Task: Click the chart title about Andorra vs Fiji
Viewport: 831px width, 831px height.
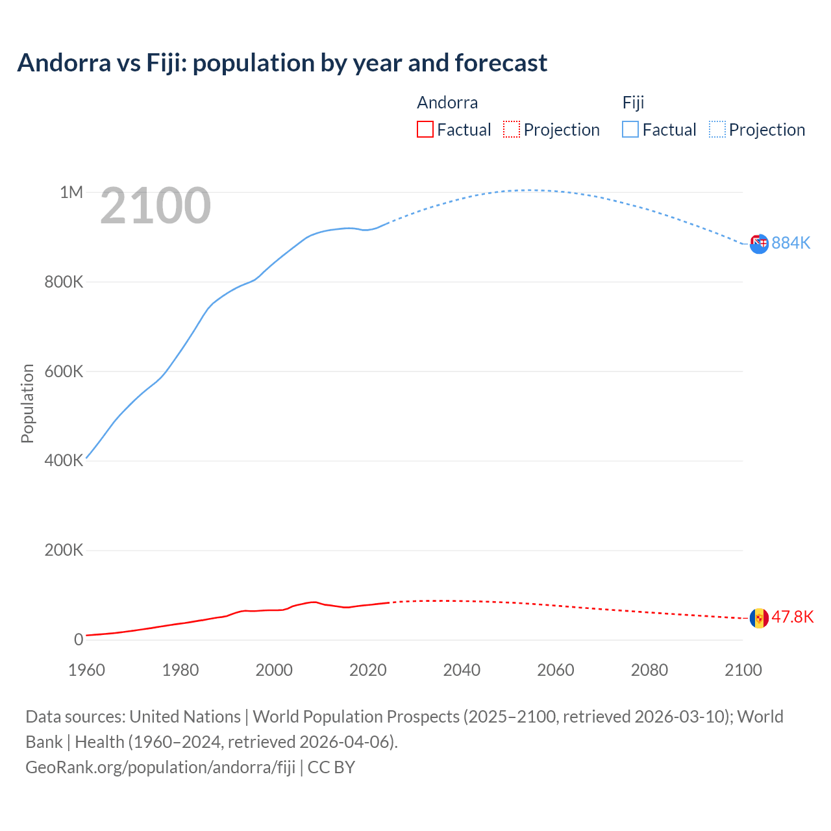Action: pyautogui.click(x=282, y=63)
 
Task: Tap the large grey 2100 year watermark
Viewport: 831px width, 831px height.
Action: pyautogui.click(x=155, y=206)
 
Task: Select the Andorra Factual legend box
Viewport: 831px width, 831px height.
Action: pyautogui.click(x=425, y=130)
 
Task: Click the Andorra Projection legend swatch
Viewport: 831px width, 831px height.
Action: pyautogui.click(x=512, y=130)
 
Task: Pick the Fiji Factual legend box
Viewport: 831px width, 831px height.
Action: pyautogui.click(x=630, y=130)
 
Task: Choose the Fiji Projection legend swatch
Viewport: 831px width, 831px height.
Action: pyautogui.click(x=717, y=130)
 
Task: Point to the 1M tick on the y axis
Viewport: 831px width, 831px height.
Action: pyautogui.click(x=71, y=192)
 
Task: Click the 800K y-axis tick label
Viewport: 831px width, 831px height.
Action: pyautogui.click(x=64, y=282)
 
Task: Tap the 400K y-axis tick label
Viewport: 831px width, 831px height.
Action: pyautogui.click(x=64, y=461)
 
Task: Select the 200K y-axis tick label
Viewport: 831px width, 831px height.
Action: pyautogui.click(x=64, y=551)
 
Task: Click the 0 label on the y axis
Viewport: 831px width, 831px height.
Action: pyautogui.click(x=79, y=640)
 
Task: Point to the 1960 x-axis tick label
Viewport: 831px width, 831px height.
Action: pyautogui.click(x=86, y=670)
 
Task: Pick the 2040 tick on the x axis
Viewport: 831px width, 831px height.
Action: pyautogui.click(x=462, y=670)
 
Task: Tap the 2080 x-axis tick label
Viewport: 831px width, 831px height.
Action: pyautogui.click(x=649, y=670)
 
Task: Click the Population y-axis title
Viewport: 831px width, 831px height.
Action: pyautogui.click(x=27, y=403)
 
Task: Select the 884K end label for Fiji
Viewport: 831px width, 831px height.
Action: pyautogui.click(x=791, y=243)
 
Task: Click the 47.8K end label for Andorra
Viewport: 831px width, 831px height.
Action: pyautogui.click(x=792, y=617)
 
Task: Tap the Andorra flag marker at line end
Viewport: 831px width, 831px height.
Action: pyautogui.click(x=759, y=618)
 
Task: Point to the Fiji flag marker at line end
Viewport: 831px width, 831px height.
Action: pyautogui.click(x=759, y=244)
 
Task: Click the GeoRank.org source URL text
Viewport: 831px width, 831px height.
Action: pyautogui.click(x=160, y=767)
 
